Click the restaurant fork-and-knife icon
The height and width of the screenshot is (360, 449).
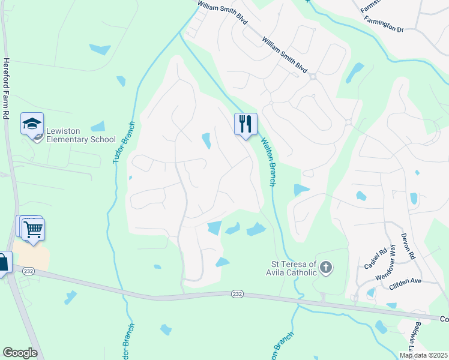[x=246, y=124]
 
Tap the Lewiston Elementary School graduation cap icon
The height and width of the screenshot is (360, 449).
[x=32, y=124]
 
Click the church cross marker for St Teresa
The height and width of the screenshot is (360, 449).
[x=325, y=267]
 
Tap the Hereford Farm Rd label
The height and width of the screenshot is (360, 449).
[x=7, y=88]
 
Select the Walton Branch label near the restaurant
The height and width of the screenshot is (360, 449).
[x=268, y=162]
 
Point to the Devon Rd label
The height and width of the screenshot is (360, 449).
[x=408, y=246]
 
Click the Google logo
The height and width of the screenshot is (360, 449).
[x=20, y=353]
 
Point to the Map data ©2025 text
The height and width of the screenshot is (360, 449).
[x=424, y=355]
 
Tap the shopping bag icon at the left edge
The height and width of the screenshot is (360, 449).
[x=3, y=262]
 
